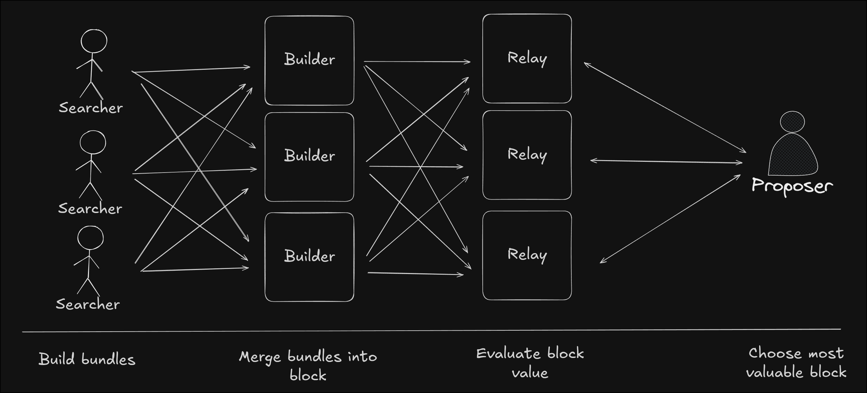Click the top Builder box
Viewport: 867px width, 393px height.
point(309,60)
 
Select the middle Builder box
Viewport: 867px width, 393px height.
point(309,157)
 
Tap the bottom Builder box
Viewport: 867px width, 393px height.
point(309,257)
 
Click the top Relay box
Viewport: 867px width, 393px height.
point(527,58)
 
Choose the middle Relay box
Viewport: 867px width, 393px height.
point(527,155)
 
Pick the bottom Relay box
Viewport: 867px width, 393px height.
point(527,255)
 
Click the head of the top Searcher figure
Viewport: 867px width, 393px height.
point(94,41)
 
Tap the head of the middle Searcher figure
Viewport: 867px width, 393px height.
point(93,142)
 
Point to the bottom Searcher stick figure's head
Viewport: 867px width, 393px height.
point(90,238)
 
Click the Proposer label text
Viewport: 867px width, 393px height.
point(792,186)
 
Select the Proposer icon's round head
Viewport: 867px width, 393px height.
point(792,122)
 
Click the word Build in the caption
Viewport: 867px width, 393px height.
point(57,359)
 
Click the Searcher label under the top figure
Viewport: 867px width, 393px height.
point(91,108)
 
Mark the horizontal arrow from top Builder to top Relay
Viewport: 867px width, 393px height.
point(417,62)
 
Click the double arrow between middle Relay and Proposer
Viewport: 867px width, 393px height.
point(666,162)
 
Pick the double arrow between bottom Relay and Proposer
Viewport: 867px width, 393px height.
point(670,219)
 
